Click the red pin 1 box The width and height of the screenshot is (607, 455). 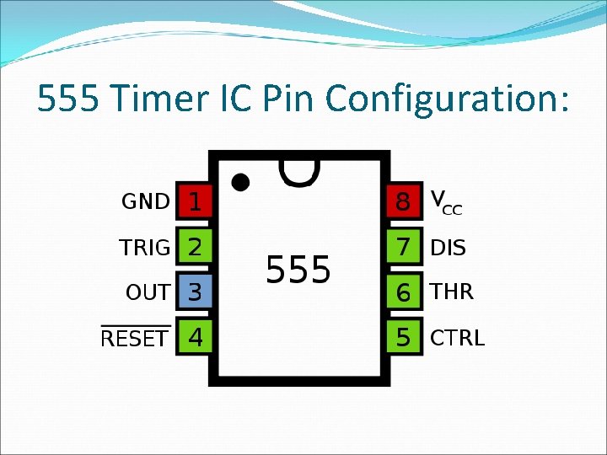[x=194, y=201]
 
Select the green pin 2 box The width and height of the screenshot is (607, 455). [x=194, y=247]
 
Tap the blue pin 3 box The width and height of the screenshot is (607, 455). [x=194, y=292]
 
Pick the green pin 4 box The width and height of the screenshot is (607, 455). [x=194, y=338]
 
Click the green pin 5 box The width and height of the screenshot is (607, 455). [x=404, y=338]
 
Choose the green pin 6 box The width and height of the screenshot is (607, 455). [x=404, y=292]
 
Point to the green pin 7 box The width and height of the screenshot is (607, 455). [x=404, y=247]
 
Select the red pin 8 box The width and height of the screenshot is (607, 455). [x=404, y=201]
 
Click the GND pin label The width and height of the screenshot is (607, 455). [x=146, y=202]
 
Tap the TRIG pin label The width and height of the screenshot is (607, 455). [x=144, y=248]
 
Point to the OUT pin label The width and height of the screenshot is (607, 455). [x=148, y=293]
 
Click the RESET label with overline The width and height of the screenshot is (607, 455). [x=135, y=339]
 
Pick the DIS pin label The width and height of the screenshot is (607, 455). [x=448, y=248]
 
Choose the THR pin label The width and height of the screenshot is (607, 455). [x=452, y=292]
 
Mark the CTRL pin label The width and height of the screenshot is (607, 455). [x=457, y=338]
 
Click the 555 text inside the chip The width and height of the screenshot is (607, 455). [x=298, y=270]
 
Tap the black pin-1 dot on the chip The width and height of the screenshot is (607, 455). [x=240, y=182]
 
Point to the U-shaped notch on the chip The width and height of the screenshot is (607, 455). [x=298, y=172]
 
